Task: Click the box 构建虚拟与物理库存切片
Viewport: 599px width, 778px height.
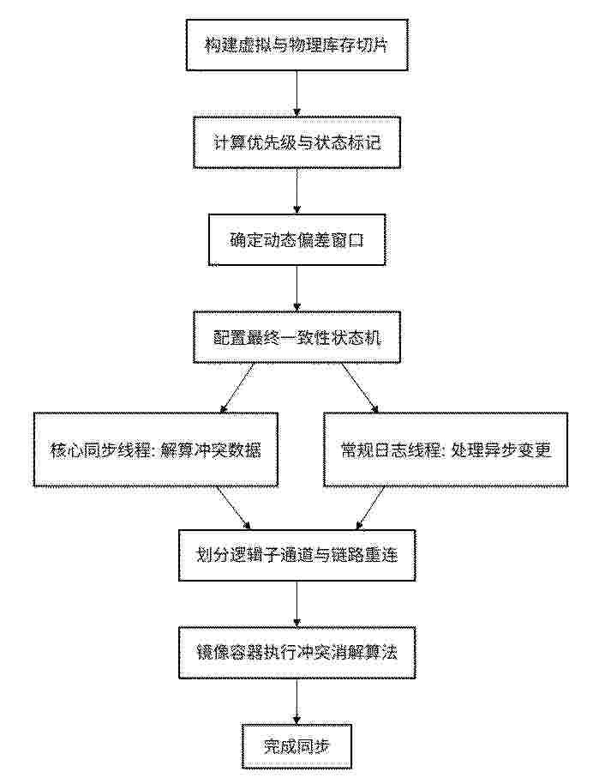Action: [297, 45]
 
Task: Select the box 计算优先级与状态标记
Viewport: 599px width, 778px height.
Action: [297, 142]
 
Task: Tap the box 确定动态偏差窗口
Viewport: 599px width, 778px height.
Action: [297, 239]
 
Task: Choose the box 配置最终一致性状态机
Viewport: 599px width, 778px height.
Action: [297, 337]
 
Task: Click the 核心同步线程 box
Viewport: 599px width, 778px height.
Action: [156, 449]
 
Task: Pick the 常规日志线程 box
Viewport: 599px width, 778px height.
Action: [446, 449]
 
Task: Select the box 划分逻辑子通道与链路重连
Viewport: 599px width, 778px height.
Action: [297, 555]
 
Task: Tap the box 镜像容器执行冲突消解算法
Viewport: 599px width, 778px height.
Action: [297, 653]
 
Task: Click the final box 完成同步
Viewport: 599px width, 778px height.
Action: [297, 746]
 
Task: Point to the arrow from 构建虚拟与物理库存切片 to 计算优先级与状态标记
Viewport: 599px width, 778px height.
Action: [297, 93]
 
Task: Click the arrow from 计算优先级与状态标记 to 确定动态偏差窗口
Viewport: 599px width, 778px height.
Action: [297, 191]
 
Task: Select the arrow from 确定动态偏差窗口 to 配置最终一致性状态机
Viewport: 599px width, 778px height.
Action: [297, 288]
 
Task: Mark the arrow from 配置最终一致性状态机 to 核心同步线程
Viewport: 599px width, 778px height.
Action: [237, 388]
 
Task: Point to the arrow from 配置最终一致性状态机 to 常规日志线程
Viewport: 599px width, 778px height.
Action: [360, 388]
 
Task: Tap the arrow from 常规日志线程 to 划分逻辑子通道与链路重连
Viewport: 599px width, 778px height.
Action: [370, 508]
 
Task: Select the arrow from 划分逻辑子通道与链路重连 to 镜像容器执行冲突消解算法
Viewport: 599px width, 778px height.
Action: [297, 604]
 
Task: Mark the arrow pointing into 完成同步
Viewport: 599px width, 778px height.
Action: [297, 701]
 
